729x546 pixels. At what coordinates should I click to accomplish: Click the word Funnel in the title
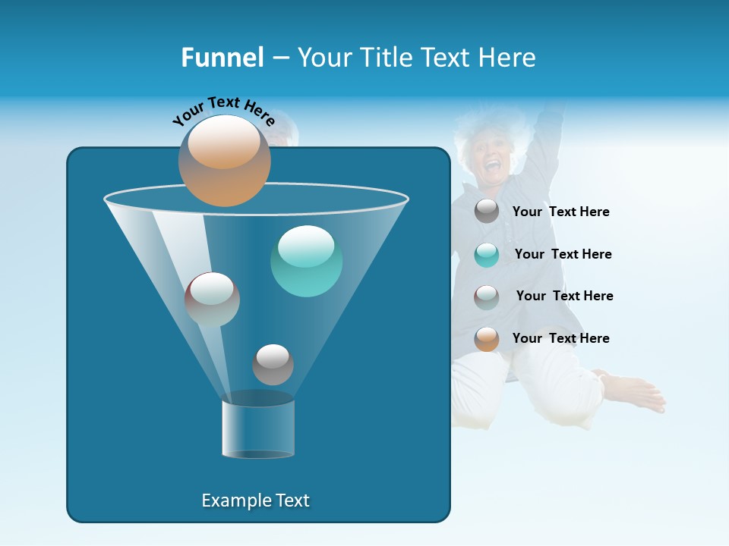[x=222, y=58]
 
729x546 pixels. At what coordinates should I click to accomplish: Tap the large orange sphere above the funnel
[x=225, y=161]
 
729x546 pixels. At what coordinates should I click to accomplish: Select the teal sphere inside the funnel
[x=307, y=261]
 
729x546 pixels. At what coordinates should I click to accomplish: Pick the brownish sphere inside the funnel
[x=212, y=300]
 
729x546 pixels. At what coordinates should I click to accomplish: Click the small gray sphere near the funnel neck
[x=273, y=364]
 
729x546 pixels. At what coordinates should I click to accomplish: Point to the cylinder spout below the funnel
[x=258, y=428]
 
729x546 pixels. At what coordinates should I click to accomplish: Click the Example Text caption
[x=255, y=500]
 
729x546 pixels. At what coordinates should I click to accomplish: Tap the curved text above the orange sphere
[x=224, y=110]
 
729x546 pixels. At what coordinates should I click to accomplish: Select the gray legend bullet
[x=487, y=211]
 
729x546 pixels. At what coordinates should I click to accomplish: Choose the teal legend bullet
[x=487, y=254]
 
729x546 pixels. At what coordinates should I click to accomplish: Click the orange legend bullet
[x=487, y=339]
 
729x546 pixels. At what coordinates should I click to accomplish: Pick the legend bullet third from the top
[x=487, y=297]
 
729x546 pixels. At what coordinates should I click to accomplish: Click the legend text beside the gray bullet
[x=560, y=212]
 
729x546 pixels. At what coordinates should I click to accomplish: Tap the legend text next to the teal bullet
[x=563, y=254]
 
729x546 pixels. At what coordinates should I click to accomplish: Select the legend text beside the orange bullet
[x=560, y=338]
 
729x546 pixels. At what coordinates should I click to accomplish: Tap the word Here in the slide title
[x=507, y=58]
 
